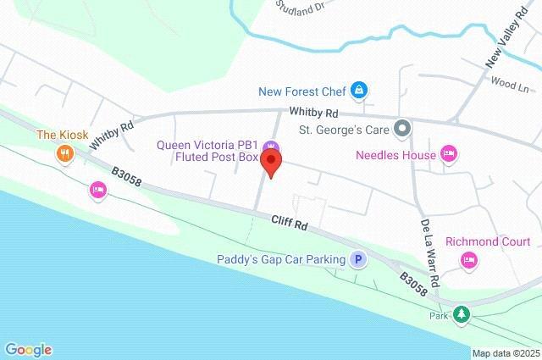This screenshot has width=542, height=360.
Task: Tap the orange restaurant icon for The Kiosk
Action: pyautogui.click(x=64, y=153)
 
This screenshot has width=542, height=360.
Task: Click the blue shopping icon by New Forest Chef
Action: pyautogui.click(x=360, y=89)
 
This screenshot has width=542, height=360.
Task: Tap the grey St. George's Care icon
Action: pyautogui.click(x=403, y=130)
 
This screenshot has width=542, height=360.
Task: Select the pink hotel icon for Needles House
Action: pyautogui.click(x=450, y=154)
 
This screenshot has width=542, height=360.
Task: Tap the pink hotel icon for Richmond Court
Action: pyautogui.click(x=468, y=262)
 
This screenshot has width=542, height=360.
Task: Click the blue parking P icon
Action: pyautogui.click(x=359, y=260)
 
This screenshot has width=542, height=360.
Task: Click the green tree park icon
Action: pyautogui.click(x=461, y=315)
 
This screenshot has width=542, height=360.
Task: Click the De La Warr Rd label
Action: pyautogui.click(x=429, y=252)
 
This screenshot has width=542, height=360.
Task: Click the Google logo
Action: pyautogui.click(x=28, y=349)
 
